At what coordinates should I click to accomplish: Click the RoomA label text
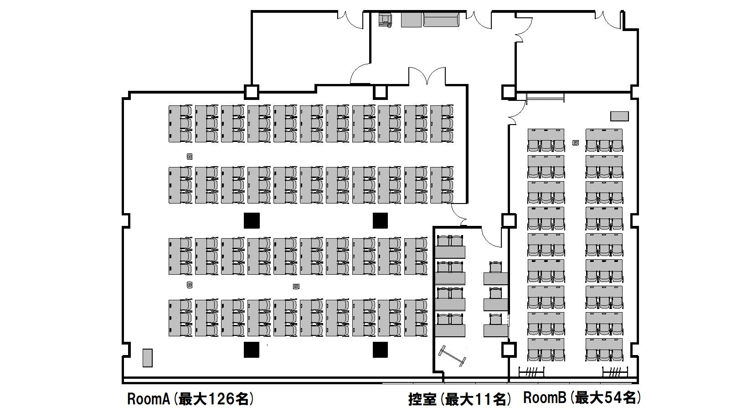(x=149, y=399)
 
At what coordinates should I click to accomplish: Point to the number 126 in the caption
(x=221, y=399)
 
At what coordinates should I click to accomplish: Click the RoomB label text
(x=545, y=398)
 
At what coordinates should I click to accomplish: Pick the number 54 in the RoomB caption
(x=613, y=398)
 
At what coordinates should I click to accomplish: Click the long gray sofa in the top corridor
(x=441, y=20)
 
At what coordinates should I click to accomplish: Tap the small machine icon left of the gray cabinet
(x=385, y=20)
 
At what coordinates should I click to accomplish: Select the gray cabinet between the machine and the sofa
(x=411, y=20)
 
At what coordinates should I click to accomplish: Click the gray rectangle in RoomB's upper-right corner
(x=619, y=116)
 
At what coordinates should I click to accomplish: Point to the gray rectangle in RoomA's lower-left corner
(x=147, y=358)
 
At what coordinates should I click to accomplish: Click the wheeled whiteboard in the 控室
(x=452, y=356)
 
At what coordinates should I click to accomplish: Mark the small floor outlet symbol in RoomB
(x=576, y=143)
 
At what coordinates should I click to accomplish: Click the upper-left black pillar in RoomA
(x=252, y=221)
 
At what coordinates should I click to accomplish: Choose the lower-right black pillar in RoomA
(x=381, y=350)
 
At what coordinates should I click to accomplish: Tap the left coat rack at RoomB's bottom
(x=531, y=371)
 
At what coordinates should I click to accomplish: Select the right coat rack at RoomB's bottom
(x=615, y=371)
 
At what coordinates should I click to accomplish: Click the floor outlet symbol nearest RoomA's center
(x=296, y=286)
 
